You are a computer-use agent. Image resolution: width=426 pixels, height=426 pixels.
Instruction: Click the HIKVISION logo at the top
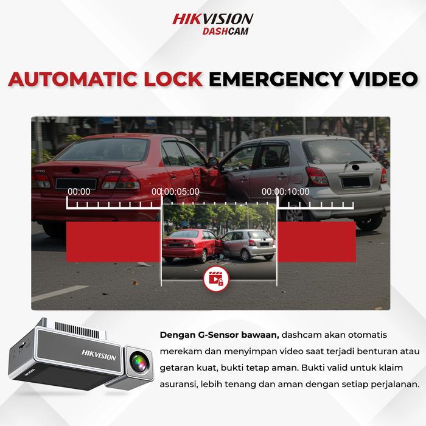[x=213, y=19]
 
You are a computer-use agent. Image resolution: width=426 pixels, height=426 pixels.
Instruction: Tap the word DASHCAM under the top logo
[x=226, y=31]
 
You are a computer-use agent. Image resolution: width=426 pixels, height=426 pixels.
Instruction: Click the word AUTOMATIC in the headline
[x=73, y=79]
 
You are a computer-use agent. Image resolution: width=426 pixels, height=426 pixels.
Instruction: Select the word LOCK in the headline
[x=173, y=79]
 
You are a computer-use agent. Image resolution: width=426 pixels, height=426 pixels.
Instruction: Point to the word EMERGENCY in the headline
[x=276, y=79]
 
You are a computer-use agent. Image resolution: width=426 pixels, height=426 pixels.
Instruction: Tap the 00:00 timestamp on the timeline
[x=79, y=192]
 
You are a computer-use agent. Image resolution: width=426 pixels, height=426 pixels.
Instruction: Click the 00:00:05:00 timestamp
[x=175, y=192]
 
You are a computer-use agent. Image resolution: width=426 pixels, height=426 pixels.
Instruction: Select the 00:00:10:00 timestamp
[x=285, y=192]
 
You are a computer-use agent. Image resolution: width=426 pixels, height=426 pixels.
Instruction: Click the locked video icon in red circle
[x=216, y=279]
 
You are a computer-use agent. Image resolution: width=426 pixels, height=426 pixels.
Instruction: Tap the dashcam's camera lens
[x=139, y=362]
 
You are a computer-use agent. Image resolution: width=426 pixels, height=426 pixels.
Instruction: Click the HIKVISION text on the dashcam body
[x=99, y=355]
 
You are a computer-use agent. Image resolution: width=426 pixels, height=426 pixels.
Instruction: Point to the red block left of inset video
[x=114, y=242]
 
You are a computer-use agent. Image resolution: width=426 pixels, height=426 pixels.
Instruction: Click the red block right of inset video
[x=316, y=242]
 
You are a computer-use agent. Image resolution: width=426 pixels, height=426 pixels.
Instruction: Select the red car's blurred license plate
[x=76, y=184]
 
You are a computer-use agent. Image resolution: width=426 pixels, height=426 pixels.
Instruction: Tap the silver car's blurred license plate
[x=356, y=182]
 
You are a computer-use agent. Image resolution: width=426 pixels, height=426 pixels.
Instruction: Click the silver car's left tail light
[x=317, y=176]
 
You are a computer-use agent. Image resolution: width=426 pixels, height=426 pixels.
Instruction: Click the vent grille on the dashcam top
[x=77, y=330]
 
